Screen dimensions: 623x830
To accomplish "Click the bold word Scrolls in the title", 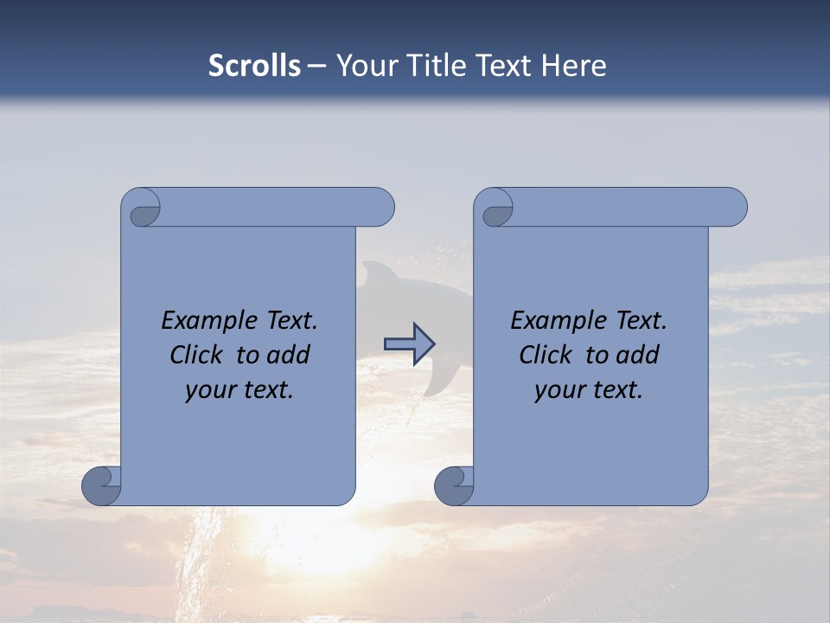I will (255, 65).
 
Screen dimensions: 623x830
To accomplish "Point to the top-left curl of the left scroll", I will (142, 209).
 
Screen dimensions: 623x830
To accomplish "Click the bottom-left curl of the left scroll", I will (101, 485).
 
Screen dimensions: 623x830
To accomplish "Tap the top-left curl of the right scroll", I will (496, 209).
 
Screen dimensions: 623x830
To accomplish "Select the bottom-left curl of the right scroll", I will (454, 485).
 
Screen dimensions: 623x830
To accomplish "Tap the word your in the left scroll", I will (208, 390).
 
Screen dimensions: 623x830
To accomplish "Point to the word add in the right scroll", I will (638, 355).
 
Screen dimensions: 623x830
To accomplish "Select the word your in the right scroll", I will (558, 390).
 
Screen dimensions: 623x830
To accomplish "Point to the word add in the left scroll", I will (289, 355).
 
